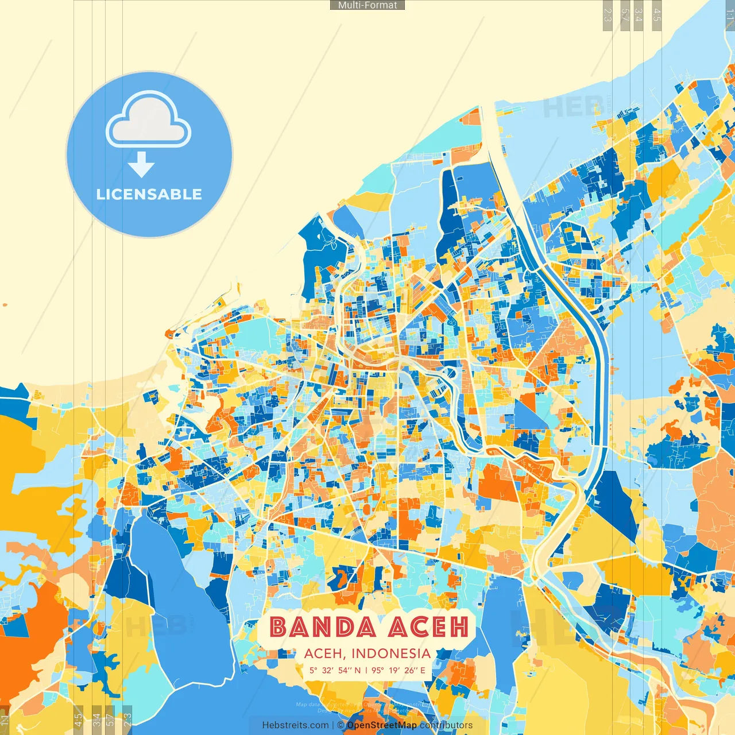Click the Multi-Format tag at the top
367,5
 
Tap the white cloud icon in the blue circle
148,121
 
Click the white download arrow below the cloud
141,165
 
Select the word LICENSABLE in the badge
149,194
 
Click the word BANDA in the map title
323,627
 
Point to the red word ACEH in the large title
428,627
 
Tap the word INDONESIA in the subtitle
391,653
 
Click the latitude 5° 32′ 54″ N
335,670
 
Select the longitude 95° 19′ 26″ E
399,670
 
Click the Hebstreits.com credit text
296,725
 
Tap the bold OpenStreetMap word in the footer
382,725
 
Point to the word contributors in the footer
446,725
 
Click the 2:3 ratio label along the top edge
608,15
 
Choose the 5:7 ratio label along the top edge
625,15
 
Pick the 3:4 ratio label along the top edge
639,15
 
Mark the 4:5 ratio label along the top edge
657,15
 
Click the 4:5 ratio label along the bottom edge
78,720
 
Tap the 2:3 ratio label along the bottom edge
127,720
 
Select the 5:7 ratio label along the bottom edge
110,720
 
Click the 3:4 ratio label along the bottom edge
96,720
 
